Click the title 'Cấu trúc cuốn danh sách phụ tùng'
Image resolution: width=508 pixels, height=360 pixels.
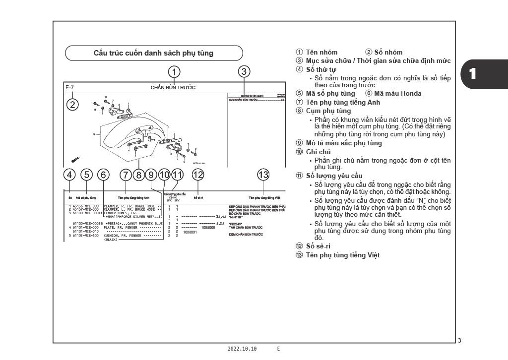point(154,53)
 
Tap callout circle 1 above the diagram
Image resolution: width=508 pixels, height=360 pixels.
point(174,72)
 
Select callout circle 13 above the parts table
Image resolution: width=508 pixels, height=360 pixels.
point(263,175)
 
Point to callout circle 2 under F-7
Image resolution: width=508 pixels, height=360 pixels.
point(72,104)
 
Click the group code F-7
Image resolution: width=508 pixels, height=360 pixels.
point(70,88)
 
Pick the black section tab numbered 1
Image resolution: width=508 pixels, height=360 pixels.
point(473,74)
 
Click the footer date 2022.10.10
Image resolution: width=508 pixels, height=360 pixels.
point(242,349)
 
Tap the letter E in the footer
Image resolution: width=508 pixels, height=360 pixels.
point(278,349)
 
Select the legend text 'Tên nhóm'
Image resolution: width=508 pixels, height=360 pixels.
point(321,52)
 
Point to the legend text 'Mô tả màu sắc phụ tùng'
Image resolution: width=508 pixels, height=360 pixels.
point(344,143)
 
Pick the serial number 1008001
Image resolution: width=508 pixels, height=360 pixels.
point(190,232)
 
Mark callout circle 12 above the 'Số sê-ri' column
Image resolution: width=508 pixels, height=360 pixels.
point(198,175)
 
